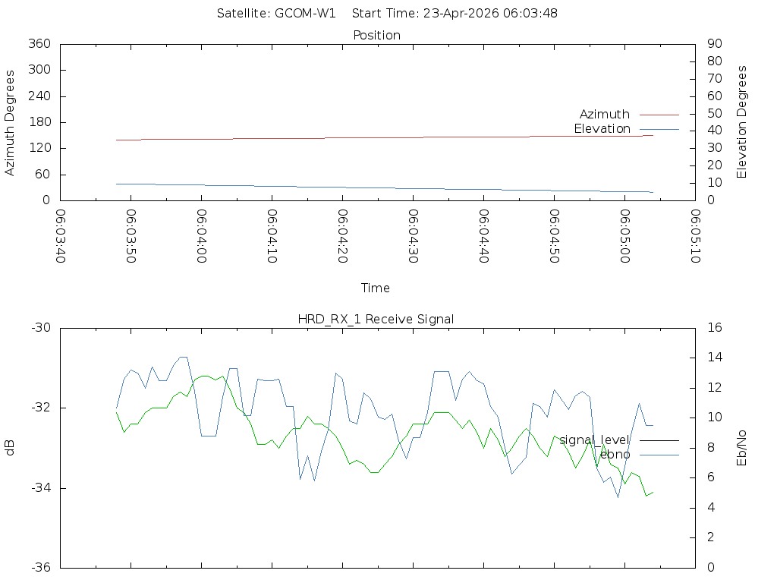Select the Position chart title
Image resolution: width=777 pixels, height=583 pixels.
[x=376, y=35]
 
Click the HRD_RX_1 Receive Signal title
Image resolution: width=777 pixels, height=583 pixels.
[x=376, y=320]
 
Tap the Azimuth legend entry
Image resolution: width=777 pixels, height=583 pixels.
[x=604, y=115]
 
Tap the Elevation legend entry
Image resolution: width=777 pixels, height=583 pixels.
[x=602, y=129]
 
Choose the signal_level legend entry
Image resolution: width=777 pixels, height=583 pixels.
[x=594, y=440]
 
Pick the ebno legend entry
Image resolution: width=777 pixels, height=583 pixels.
[x=615, y=455]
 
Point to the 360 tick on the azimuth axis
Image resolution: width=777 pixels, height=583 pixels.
[x=39, y=44]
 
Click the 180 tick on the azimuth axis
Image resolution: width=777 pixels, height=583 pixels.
[x=39, y=122]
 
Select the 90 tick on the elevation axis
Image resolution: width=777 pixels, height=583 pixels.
[x=713, y=44]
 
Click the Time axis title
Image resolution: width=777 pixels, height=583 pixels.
[x=376, y=288]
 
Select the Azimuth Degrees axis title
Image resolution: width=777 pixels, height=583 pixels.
[x=11, y=122]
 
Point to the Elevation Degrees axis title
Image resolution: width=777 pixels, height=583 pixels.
[x=742, y=122]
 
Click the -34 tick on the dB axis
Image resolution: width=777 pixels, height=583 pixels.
[x=40, y=488]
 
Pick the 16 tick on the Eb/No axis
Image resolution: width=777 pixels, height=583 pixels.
[x=713, y=328]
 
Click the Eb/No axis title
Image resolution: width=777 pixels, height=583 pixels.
[x=742, y=448]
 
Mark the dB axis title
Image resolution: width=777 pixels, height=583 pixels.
[x=11, y=448]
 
